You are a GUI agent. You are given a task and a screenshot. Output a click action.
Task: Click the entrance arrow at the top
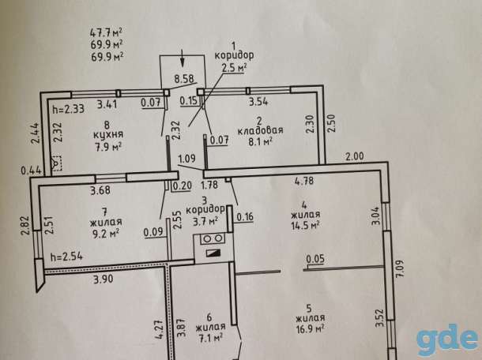click(x=183, y=58)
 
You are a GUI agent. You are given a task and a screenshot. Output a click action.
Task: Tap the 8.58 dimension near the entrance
click(x=184, y=79)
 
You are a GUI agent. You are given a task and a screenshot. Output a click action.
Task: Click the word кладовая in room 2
click(x=261, y=130)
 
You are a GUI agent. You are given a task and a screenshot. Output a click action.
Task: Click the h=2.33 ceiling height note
click(x=69, y=109)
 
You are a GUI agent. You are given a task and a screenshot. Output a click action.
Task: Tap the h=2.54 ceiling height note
click(x=66, y=257)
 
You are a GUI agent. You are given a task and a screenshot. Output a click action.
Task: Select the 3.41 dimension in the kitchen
click(x=107, y=104)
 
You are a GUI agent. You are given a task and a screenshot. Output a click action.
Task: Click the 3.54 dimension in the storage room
click(x=258, y=101)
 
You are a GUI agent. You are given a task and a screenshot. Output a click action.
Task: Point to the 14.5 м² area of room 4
click(x=305, y=225)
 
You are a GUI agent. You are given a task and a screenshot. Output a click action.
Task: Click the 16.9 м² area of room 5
click(x=310, y=328)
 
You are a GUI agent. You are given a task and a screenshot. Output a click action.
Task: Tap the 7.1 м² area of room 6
click(x=210, y=337)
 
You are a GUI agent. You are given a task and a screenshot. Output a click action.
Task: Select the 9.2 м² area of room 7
click(x=106, y=234)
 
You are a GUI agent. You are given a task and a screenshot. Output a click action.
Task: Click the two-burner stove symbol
click(x=212, y=238)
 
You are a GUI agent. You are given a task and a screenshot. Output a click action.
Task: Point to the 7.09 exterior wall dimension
click(x=400, y=269)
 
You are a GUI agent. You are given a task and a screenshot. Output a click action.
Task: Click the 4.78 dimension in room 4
click(x=304, y=180)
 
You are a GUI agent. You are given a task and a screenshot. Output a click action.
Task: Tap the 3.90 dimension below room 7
click(x=104, y=279)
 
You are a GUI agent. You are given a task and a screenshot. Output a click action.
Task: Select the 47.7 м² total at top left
click(x=107, y=32)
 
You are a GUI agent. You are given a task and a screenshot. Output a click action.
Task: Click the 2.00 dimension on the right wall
click(x=354, y=156)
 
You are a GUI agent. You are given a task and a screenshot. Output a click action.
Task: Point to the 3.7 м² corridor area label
click(x=205, y=221)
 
